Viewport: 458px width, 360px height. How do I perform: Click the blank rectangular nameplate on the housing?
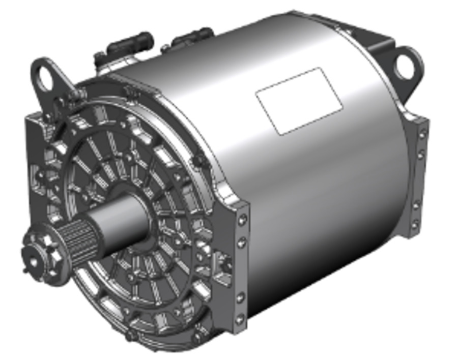point(299,100)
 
